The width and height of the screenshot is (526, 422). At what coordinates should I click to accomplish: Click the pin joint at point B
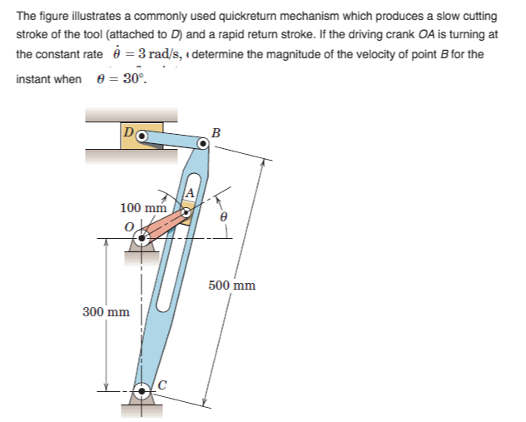[202, 142]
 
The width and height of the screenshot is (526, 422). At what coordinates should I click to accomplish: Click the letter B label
[216, 131]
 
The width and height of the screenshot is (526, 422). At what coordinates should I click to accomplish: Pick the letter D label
[127, 132]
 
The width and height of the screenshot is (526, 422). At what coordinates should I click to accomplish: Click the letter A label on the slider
[189, 194]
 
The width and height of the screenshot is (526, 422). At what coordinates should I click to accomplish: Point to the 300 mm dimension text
[106, 312]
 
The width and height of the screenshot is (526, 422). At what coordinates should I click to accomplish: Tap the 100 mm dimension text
[144, 207]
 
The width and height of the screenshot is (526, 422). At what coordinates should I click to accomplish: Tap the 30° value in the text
[129, 79]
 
